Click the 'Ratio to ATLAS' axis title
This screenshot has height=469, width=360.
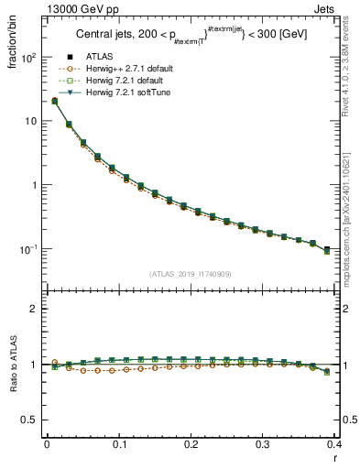[x=13, y=366]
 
